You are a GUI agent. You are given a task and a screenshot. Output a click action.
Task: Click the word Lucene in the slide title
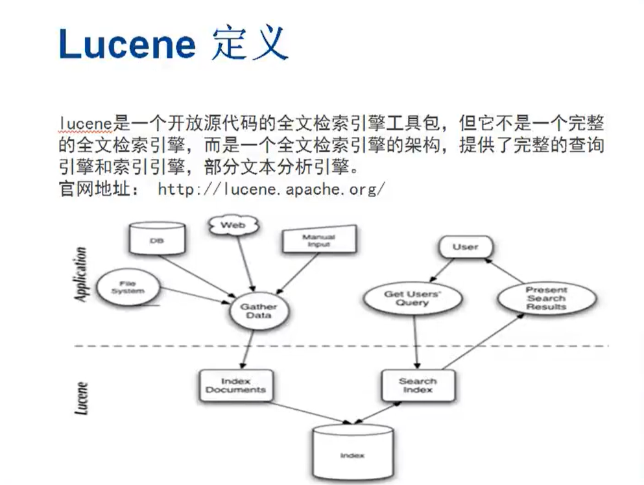coord(127,44)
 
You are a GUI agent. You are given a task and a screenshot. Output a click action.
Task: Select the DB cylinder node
coord(157,238)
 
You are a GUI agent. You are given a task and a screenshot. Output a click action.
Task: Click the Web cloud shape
coord(233,225)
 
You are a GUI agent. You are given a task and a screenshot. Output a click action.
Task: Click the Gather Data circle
coord(258,310)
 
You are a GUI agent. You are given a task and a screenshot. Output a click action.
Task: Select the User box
coord(465,246)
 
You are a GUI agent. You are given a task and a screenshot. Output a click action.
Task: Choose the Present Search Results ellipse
coord(546,298)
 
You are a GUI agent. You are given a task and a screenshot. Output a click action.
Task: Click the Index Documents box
coord(235,385)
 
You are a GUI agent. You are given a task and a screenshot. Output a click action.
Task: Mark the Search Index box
coord(417,385)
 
